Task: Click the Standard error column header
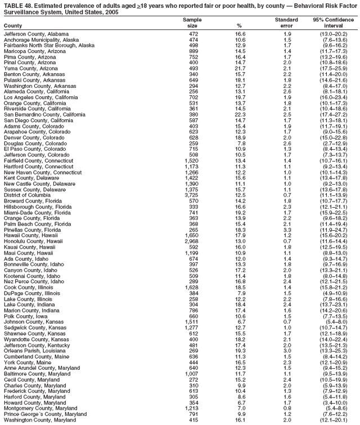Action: pyautogui.click(x=286, y=23)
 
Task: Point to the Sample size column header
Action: pyautogui.click(x=193, y=23)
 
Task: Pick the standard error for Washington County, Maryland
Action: pyautogui.click(x=287, y=420)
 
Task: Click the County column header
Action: pyautogui.click(x=13, y=26)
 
